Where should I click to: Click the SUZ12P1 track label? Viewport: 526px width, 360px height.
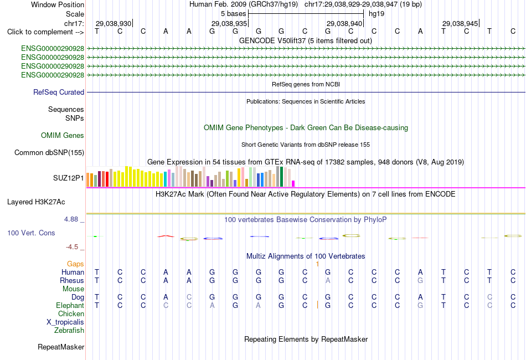69,178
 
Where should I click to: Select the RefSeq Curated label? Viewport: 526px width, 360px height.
59,92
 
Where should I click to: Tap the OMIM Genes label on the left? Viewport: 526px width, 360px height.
63,135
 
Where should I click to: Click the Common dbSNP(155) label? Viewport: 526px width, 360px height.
49,153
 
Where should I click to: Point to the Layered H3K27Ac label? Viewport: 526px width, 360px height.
36,202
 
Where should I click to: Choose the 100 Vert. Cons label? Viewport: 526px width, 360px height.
31,233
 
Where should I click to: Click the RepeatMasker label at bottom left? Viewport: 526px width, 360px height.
61,347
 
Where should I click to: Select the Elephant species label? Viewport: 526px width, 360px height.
70,305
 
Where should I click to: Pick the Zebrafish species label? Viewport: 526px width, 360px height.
69,331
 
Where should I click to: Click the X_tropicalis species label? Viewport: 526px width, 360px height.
65,322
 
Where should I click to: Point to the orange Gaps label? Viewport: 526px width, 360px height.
75,264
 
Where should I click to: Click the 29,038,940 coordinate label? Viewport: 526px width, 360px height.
344,23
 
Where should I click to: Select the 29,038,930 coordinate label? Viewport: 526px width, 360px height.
114,23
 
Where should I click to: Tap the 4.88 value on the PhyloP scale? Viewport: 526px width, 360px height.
71,219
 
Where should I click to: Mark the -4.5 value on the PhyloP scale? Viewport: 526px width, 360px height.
72,247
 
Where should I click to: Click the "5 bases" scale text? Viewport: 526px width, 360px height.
234,14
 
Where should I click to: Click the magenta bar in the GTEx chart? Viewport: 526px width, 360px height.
293,183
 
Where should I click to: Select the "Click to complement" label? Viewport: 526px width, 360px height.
45,32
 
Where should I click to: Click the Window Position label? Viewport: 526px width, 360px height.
58,4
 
